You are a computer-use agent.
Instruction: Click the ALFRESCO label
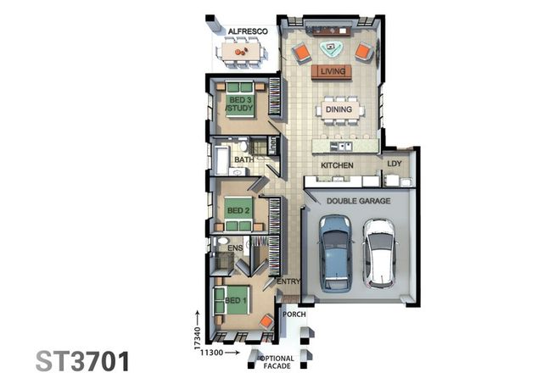click(248, 31)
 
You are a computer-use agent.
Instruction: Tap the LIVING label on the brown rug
click(333, 72)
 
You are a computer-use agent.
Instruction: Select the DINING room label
click(339, 109)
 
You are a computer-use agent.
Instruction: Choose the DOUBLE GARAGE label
click(359, 201)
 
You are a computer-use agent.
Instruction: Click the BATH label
click(244, 159)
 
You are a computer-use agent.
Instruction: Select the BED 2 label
click(238, 209)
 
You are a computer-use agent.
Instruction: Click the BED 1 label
click(236, 299)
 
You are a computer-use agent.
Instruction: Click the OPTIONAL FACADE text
click(277, 362)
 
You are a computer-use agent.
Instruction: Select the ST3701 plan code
click(83, 359)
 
